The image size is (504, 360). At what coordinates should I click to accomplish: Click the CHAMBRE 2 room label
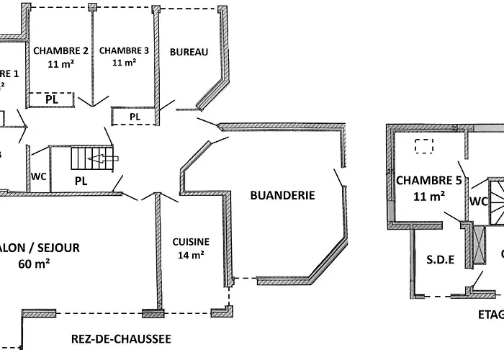pos(61,51)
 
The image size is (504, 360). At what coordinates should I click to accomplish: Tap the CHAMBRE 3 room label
pos(124,51)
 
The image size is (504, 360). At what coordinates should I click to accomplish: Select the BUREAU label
pos(189,52)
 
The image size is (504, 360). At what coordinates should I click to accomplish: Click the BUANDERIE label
pos(282,195)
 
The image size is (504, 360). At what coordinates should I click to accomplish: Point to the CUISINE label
pos(191,242)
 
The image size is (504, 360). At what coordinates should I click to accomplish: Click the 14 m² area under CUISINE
pos(191,254)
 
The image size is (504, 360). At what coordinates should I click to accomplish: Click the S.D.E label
pos(441,260)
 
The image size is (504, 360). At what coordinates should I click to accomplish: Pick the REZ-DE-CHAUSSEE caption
pos(121,338)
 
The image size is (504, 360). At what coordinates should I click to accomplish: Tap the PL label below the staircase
pos(81,181)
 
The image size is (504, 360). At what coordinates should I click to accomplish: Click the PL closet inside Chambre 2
pos(51,99)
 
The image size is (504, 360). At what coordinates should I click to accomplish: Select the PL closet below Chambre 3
pos(135,117)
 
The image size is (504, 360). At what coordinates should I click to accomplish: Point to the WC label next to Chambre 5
pos(479,201)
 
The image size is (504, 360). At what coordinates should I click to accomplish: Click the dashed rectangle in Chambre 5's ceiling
pos(425,146)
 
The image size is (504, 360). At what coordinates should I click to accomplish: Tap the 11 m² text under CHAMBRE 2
pos(61,63)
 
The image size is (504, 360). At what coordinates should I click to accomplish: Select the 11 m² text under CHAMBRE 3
pos(124,63)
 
